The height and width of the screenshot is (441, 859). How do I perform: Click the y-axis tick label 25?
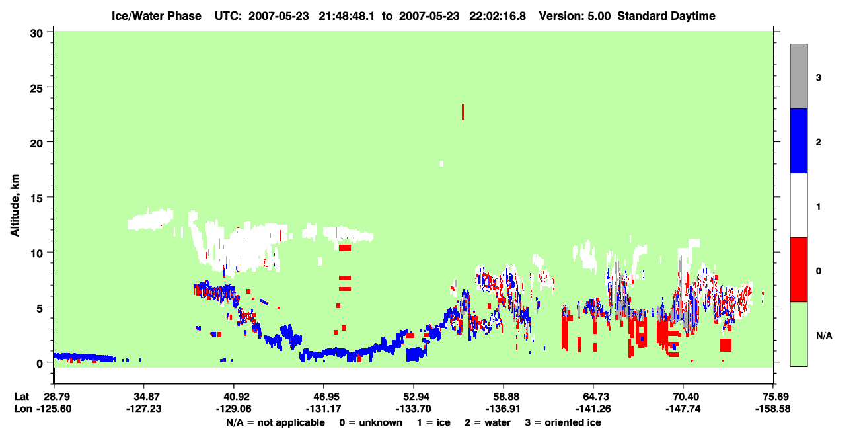(x=36, y=89)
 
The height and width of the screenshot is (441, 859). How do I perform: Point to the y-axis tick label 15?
(x=36, y=198)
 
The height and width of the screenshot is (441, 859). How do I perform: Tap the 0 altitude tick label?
(x=40, y=364)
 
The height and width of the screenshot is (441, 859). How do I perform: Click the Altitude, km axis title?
(x=15, y=205)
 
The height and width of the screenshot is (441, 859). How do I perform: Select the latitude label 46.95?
(x=324, y=397)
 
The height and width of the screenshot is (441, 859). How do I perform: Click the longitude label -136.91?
(x=503, y=409)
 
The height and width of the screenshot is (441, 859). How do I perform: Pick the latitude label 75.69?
(x=772, y=397)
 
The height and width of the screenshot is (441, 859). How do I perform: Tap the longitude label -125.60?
(x=54, y=409)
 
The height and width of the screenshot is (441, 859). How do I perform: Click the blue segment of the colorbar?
(x=798, y=140)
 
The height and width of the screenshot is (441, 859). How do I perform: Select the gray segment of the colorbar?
(x=798, y=76)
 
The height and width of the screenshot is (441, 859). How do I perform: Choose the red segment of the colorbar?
(x=798, y=270)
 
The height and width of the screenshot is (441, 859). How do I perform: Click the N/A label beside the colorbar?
(x=824, y=336)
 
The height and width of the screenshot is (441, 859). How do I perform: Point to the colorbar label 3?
(x=818, y=78)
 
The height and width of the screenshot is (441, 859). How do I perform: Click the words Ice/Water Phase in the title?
(x=157, y=16)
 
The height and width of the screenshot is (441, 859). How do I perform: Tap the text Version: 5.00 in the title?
(x=574, y=16)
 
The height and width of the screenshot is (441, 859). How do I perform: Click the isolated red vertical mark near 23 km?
(x=463, y=112)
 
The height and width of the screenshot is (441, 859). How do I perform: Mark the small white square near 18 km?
(x=442, y=163)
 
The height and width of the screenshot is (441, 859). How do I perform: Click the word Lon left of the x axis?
(x=23, y=409)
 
